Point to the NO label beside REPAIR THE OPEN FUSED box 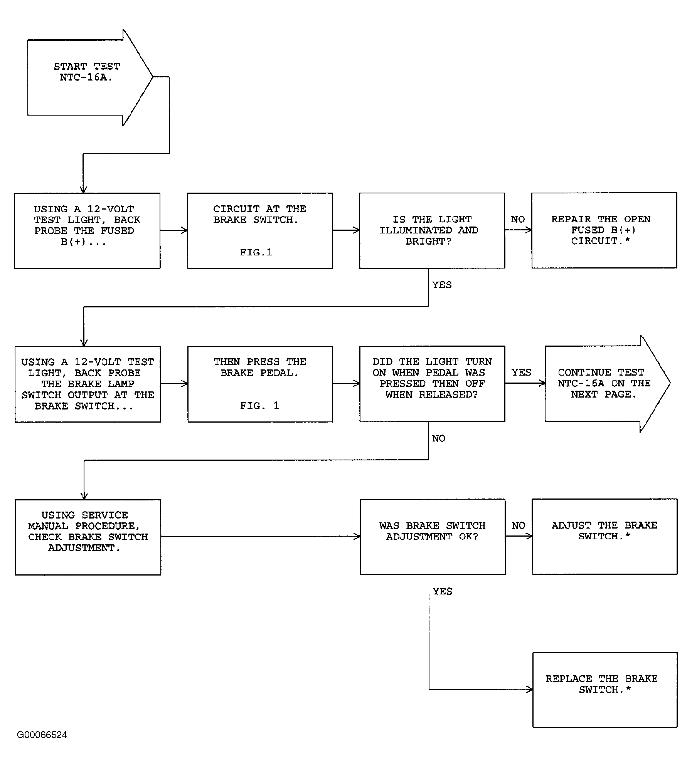(x=518, y=220)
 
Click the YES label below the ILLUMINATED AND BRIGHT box (x=442, y=285)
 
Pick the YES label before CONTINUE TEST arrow (x=521, y=373)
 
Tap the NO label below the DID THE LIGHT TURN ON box (x=439, y=438)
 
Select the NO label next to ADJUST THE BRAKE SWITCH (x=518, y=526)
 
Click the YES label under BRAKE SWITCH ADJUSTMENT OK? (x=443, y=591)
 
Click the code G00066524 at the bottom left (x=42, y=735)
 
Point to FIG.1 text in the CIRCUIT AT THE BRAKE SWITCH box (x=256, y=252)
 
